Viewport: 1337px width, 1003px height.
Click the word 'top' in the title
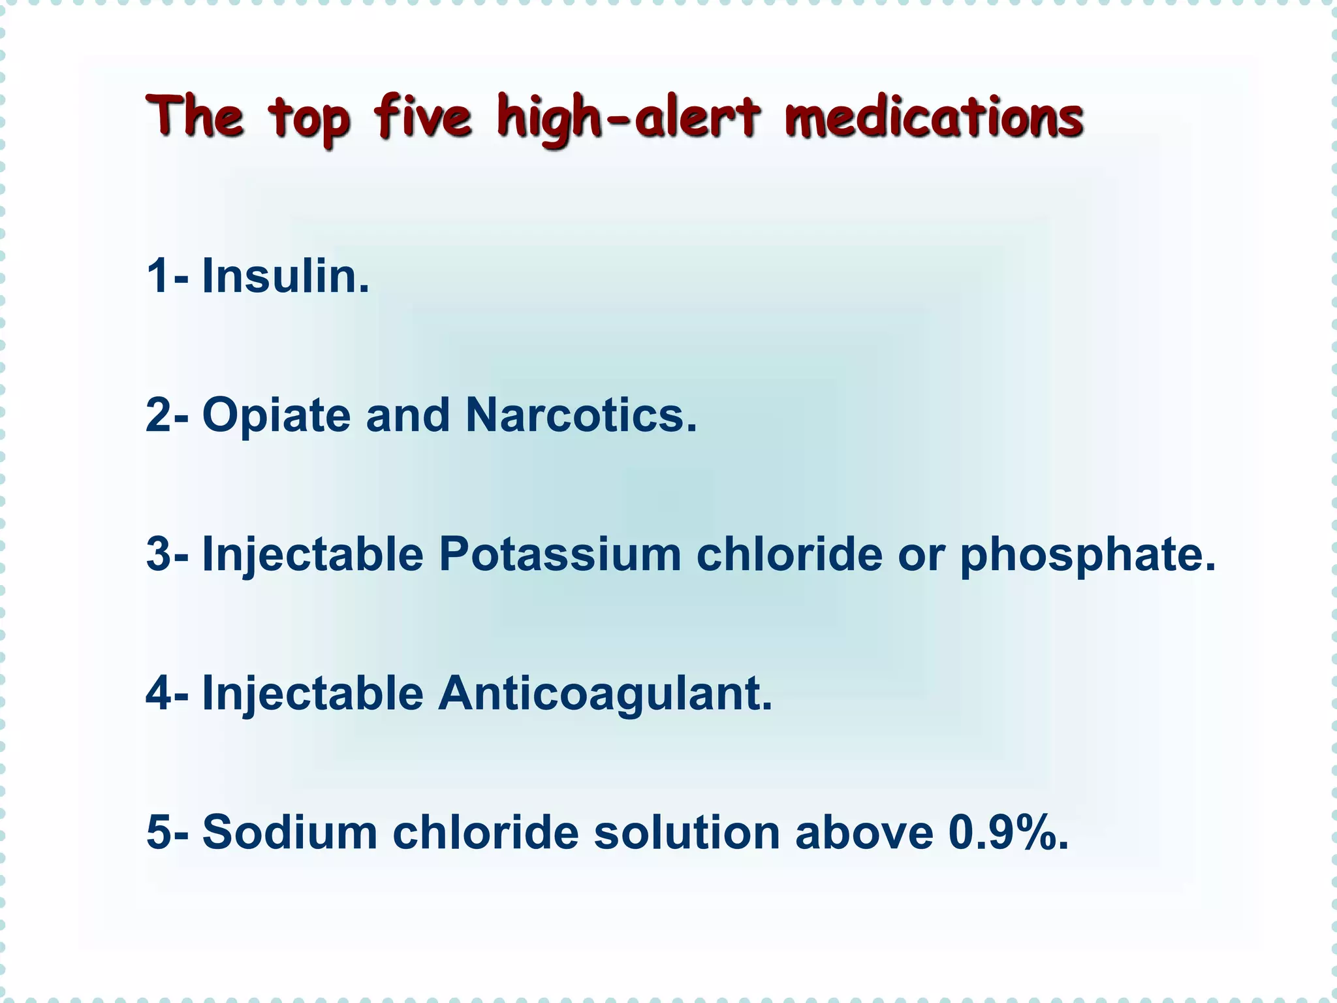click(309, 121)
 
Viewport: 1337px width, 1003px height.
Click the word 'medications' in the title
click(934, 118)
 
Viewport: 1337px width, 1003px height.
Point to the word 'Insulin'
click(285, 276)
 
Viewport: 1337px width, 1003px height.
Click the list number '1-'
click(167, 276)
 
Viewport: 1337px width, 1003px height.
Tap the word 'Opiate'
click(277, 415)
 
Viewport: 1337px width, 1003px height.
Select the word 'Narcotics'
click(580, 415)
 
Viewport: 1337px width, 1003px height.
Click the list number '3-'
click(167, 554)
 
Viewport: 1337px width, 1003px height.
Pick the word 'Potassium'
click(559, 554)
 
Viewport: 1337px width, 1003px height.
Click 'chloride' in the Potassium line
click(789, 554)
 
